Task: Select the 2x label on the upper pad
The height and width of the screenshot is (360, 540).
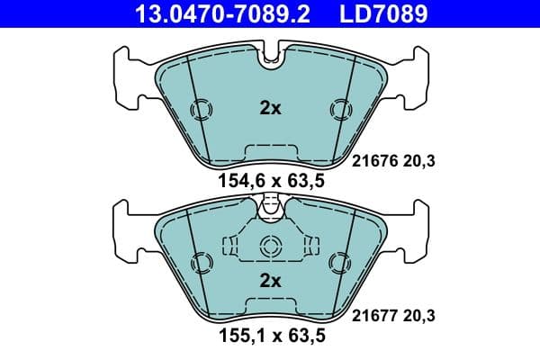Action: coord(270,109)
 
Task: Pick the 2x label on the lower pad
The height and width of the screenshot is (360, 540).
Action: coord(270,280)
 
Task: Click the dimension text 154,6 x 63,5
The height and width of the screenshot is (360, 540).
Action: coord(271,181)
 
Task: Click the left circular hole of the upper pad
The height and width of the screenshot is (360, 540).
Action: coord(202,110)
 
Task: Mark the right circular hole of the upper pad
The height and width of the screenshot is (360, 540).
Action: coord(339,110)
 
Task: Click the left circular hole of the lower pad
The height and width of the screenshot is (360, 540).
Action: coord(202,263)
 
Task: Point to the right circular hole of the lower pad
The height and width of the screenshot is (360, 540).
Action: coord(339,263)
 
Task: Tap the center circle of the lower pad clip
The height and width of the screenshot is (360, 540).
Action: coord(270,247)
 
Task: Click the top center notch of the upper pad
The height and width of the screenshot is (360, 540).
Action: coord(270,58)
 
